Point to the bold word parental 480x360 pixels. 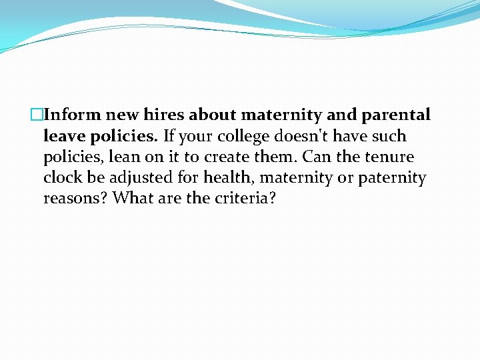(x=396, y=115)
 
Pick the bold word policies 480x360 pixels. (x=123, y=137)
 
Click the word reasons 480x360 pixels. (x=75, y=199)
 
